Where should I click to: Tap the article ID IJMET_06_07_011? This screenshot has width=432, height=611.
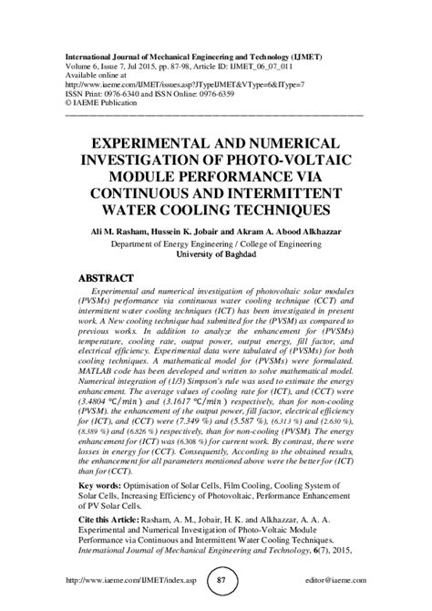(x=300, y=64)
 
